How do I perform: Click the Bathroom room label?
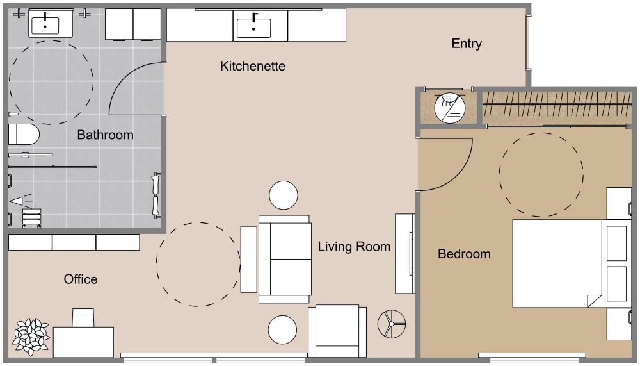(x=105, y=135)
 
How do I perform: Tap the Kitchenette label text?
(x=252, y=66)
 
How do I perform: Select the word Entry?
(x=466, y=44)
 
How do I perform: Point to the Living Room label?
(x=354, y=247)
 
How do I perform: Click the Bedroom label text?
(x=464, y=254)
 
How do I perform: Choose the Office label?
(x=81, y=279)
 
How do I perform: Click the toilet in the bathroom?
(x=23, y=135)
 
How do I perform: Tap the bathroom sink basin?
(x=45, y=25)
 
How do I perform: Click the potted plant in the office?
(x=31, y=336)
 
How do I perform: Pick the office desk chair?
(x=83, y=318)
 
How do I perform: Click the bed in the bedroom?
(x=557, y=263)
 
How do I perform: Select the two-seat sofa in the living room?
(x=285, y=259)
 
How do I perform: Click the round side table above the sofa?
(x=283, y=195)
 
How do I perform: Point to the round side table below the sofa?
(x=282, y=330)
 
